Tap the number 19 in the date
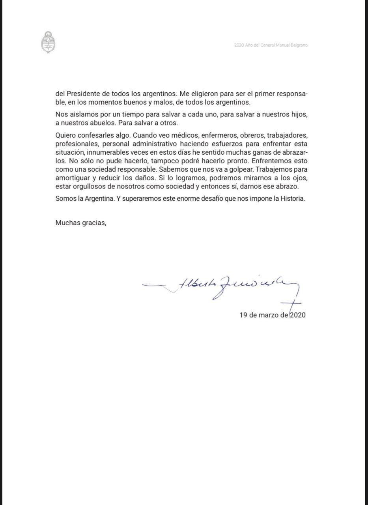pos(243,315)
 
